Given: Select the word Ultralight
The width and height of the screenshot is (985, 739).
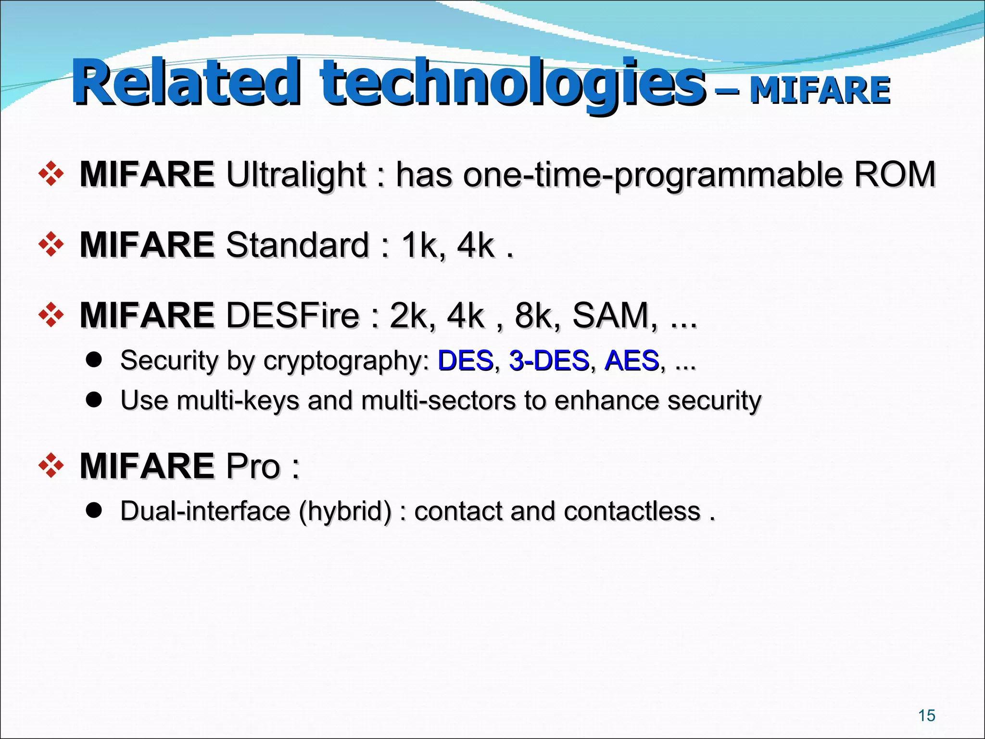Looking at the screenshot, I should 296,174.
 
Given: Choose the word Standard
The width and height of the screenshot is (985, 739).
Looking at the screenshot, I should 297,245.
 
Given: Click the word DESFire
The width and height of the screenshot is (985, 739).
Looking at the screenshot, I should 292,315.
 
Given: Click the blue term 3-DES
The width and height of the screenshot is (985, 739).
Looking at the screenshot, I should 549,360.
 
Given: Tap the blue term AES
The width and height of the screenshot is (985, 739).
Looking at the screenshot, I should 631,360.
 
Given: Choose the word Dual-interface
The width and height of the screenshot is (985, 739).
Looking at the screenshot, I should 205,511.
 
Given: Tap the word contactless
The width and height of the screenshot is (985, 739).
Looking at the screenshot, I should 632,511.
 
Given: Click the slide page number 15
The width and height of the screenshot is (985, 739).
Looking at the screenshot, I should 926,716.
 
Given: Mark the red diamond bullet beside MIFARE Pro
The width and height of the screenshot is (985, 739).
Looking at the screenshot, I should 51,466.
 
